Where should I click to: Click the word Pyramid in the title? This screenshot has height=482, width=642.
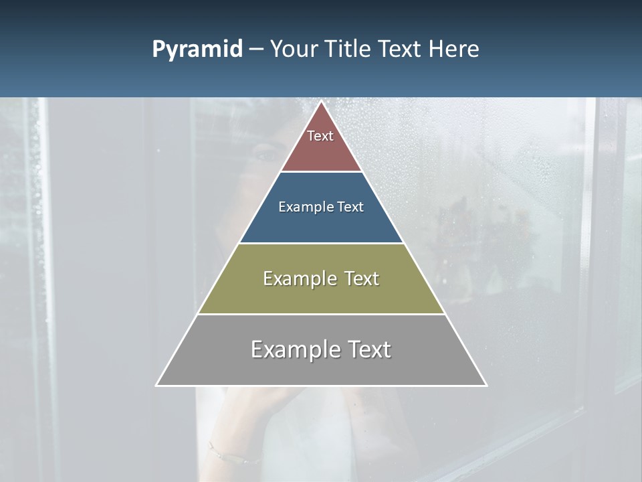point(197,50)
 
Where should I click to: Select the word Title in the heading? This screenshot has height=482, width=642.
point(350,49)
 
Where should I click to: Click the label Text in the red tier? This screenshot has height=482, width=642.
point(320,136)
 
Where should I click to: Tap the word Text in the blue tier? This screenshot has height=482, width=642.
point(350,207)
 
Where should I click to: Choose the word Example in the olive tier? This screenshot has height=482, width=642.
point(299,278)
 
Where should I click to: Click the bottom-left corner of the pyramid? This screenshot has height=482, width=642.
point(156,385)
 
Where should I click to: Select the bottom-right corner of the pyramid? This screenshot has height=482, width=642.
point(486,385)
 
